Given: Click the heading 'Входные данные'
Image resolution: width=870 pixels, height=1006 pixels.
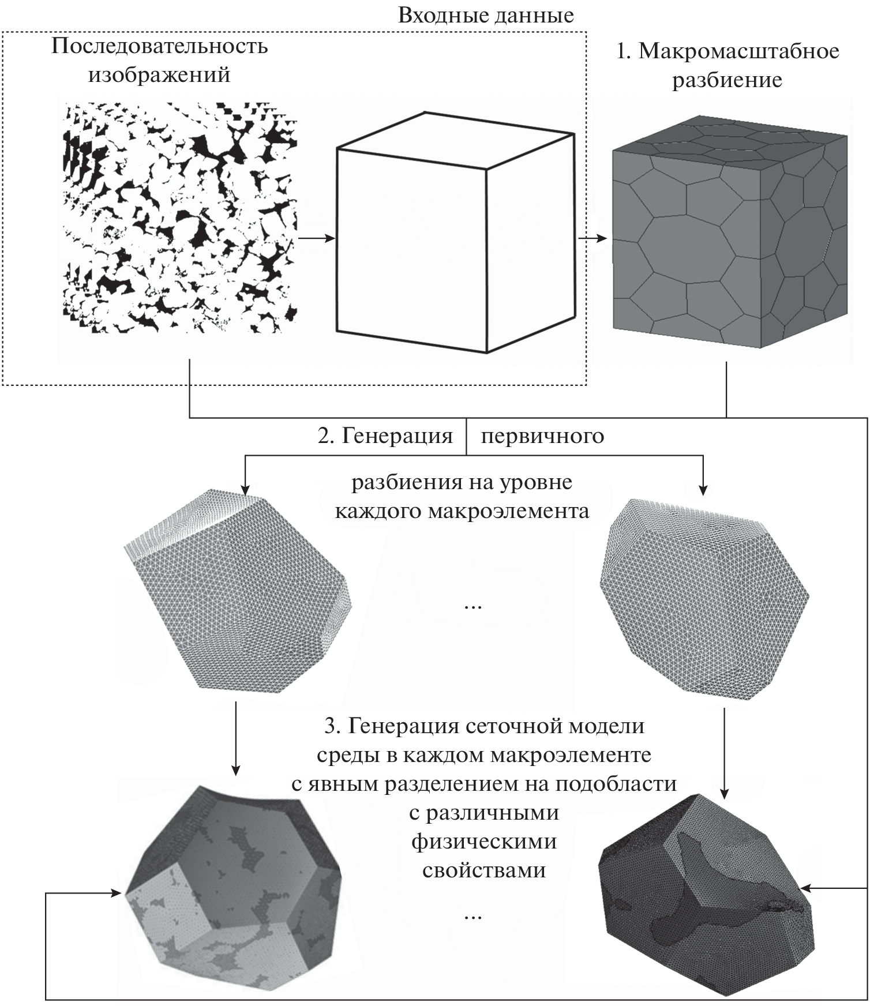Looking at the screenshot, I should pyautogui.click(x=486, y=16).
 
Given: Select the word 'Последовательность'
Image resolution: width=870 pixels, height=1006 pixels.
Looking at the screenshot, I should pyautogui.click(x=160, y=46).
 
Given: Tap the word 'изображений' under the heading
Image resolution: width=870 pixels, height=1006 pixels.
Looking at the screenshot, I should pyautogui.click(x=159, y=75).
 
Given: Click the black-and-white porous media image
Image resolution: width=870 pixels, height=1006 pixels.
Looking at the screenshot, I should pyautogui.click(x=180, y=218).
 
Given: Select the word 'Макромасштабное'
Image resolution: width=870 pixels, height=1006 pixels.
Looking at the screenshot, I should pyautogui.click(x=739, y=52).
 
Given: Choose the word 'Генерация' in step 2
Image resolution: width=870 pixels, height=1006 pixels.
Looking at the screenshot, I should pyautogui.click(x=397, y=436).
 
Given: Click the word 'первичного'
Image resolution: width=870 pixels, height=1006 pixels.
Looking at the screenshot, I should pyautogui.click(x=542, y=436).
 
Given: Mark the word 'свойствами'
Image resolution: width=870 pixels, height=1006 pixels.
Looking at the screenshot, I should pyautogui.click(x=483, y=870).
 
